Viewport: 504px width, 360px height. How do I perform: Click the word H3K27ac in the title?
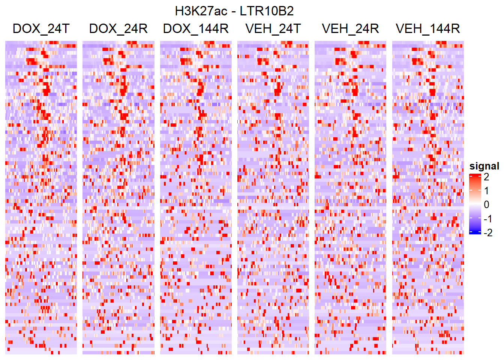point(201,11)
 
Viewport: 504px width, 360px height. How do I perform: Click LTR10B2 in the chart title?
point(267,11)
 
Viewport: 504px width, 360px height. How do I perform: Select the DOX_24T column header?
point(41,29)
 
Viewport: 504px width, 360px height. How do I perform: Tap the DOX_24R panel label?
point(118,29)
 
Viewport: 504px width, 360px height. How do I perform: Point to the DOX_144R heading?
point(196,29)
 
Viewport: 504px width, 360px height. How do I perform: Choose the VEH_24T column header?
point(273,29)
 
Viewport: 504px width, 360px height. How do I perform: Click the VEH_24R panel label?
point(350,29)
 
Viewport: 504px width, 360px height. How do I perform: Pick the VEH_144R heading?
point(428,29)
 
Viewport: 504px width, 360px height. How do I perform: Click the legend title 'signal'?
point(484,166)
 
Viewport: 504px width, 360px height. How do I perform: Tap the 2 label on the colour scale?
point(486,177)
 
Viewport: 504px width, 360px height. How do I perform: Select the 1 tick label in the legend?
point(486,190)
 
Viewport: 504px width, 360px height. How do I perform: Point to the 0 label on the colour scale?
point(486,205)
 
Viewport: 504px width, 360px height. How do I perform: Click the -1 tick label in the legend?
point(487,219)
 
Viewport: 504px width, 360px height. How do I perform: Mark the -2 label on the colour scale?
point(487,233)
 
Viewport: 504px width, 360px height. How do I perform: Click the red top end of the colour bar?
point(475,175)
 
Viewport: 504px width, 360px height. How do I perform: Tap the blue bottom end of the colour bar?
point(475,232)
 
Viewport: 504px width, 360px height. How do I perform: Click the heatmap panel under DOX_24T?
point(41,197)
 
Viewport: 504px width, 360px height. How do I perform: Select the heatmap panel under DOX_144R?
point(196,197)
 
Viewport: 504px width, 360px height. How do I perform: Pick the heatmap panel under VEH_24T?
point(273,197)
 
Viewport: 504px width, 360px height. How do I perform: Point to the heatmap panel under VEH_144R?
point(428,197)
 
